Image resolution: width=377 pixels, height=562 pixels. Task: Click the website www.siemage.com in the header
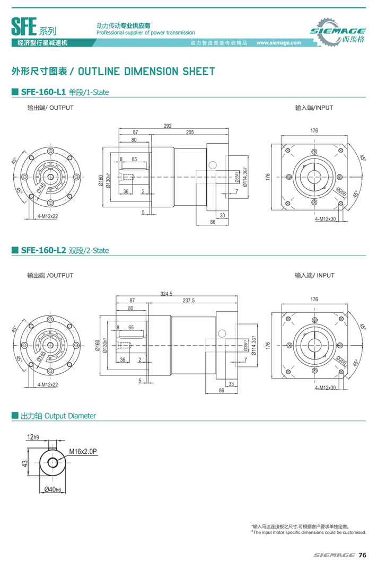click(279, 43)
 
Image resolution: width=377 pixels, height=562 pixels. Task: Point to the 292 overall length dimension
click(168, 126)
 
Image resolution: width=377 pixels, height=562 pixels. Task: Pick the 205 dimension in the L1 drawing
click(189, 133)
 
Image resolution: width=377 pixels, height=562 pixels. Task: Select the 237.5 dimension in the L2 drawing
click(189, 301)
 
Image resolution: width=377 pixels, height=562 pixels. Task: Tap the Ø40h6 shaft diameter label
click(54, 488)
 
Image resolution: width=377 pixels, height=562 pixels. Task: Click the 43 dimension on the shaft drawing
click(24, 463)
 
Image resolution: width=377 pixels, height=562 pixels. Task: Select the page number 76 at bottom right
click(362, 555)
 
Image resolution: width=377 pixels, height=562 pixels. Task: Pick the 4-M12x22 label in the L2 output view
click(48, 384)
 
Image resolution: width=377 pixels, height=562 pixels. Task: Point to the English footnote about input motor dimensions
click(309, 532)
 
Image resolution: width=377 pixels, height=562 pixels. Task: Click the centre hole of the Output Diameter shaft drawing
click(52, 462)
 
